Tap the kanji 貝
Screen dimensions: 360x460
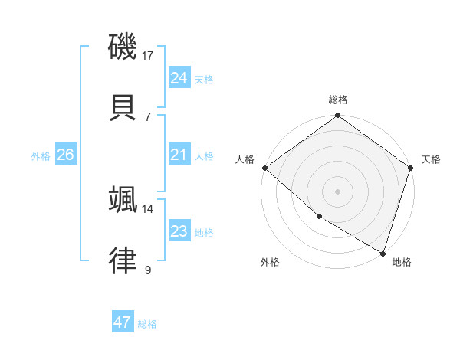tap(123, 107)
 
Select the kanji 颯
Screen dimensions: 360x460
tap(123, 199)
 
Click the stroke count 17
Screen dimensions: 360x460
tap(148, 55)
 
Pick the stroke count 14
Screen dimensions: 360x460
tap(148, 208)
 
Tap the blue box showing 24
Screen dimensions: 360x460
tap(179, 78)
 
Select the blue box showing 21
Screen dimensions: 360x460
tap(179, 155)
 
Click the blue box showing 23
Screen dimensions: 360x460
tap(179, 231)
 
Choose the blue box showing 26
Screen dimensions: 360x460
tap(65, 155)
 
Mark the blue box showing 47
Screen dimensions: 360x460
tap(122, 322)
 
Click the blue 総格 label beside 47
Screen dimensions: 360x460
tap(147, 324)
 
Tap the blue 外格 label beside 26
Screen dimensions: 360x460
tap(41, 156)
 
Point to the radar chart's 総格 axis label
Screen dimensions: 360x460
tap(338, 100)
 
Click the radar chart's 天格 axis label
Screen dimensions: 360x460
tap(431, 159)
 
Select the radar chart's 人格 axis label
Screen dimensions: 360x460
tap(245, 159)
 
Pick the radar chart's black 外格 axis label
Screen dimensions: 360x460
tap(270, 262)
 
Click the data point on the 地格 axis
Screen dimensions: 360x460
tap(383, 253)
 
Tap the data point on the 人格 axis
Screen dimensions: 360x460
tap(264, 168)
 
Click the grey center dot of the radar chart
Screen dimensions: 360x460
tap(338, 191)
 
